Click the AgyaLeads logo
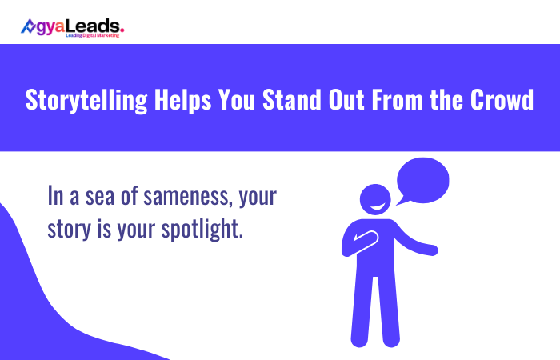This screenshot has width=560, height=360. [72, 28]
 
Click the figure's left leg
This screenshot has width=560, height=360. [359, 312]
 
